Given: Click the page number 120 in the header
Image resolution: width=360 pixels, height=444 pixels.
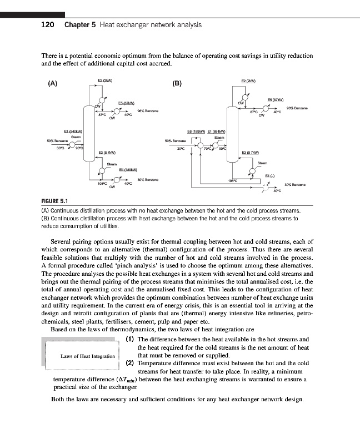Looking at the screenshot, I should click(x=49, y=25).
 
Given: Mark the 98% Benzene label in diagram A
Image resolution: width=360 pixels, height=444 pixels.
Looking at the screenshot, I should click(x=148, y=110).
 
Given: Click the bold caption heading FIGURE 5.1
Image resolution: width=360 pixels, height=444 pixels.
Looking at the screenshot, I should click(x=54, y=203).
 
